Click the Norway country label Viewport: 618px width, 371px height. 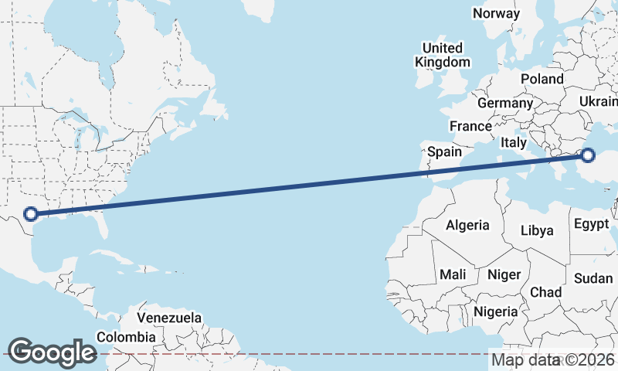(x=496, y=13)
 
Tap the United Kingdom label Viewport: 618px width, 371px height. (x=442, y=54)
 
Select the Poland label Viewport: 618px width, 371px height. (x=542, y=79)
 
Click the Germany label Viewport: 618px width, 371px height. (x=505, y=103)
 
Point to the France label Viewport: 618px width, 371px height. (x=470, y=126)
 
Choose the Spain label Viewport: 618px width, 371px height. (x=444, y=151)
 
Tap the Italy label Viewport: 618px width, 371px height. (x=514, y=143)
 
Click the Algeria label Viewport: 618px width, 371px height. (x=467, y=225)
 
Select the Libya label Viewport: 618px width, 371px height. (x=537, y=230)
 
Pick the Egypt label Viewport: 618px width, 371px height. (x=595, y=224)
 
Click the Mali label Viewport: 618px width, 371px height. (x=453, y=274)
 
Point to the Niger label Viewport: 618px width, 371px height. (x=504, y=274)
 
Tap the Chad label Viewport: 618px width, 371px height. (x=545, y=292)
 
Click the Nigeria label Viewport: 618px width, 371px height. (x=495, y=311)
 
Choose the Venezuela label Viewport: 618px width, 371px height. (x=169, y=318)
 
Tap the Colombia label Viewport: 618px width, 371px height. (x=126, y=337)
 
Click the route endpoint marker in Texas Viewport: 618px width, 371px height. (x=31, y=214)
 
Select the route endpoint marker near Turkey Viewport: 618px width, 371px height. (x=588, y=155)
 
